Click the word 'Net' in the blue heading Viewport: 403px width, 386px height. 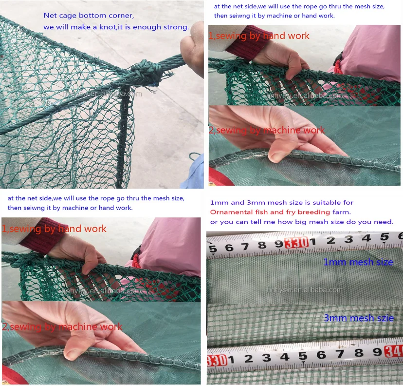click(x=50, y=16)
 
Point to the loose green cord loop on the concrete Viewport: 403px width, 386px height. click(x=195, y=157)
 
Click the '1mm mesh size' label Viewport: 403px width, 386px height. click(x=358, y=262)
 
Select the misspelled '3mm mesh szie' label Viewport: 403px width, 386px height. click(x=359, y=318)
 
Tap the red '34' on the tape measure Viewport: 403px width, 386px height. click(x=394, y=352)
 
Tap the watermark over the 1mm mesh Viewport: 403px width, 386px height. click(x=305, y=289)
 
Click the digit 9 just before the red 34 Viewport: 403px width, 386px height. click(x=375, y=353)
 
